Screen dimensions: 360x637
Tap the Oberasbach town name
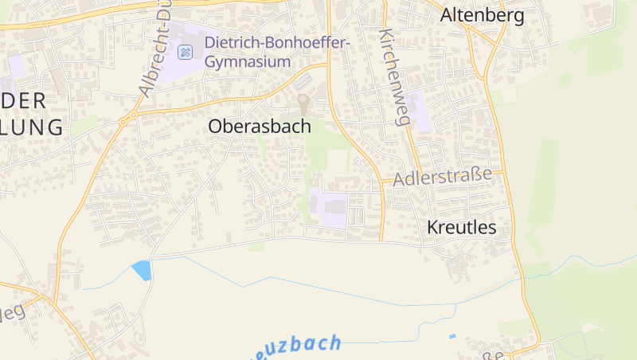[260, 126]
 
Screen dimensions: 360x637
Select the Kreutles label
[462, 227]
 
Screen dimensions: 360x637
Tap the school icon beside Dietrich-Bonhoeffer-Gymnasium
[185, 53]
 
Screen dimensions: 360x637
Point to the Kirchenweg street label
[394, 78]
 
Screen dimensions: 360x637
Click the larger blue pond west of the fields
[142, 271]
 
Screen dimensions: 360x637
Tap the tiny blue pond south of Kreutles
[453, 336]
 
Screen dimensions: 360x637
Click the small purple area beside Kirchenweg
[420, 119]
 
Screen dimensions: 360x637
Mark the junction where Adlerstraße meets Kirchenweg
[413, 180]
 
